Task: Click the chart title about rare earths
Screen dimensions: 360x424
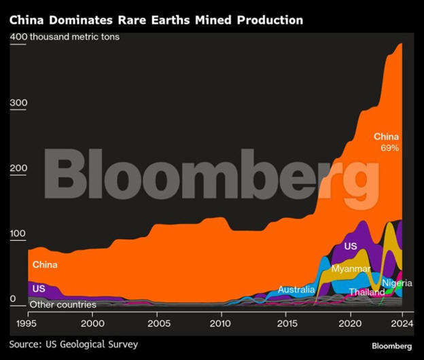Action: click(x=156, y=20)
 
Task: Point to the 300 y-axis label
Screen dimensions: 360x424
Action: click(x=19, y=103)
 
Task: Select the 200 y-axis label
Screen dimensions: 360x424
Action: click(x=19, y=168)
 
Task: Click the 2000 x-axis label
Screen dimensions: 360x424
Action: click(x=93, y=323)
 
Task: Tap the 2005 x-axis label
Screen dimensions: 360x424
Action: click(x=158, y=323)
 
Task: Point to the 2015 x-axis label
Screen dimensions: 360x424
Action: click(x=286, y=323)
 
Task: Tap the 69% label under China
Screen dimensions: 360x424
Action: click(x=389, y=147)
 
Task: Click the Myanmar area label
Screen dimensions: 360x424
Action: click(x=351, y=269)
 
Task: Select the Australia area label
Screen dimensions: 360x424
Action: click(x=296, y=290)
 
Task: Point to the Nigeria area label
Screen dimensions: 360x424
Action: click(x=397, y=283)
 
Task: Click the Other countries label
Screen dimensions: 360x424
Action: click(x=63, y=304)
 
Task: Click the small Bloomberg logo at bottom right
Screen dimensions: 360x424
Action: click(x=391, y=346)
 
